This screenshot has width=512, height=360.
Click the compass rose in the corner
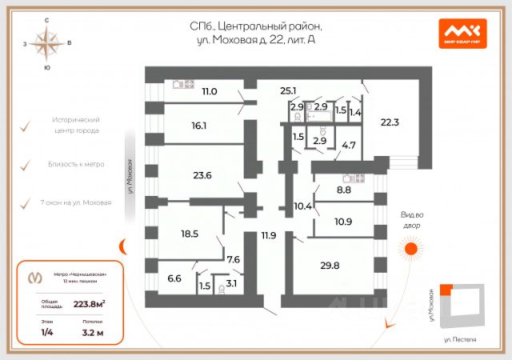(47, 43)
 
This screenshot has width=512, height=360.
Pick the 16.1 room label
(199, 126)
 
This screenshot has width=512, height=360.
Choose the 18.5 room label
(190, 234)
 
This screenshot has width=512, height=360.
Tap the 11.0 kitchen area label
(210, 92)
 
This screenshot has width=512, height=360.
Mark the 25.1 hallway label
(288, 91)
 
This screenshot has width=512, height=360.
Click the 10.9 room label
(344, 221)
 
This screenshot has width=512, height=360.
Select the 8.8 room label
(343, 190)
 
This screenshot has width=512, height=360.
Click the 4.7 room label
(349, 146)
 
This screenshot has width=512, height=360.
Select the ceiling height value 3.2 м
(93, 332)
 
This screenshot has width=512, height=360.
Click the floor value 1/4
(47, 332)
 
